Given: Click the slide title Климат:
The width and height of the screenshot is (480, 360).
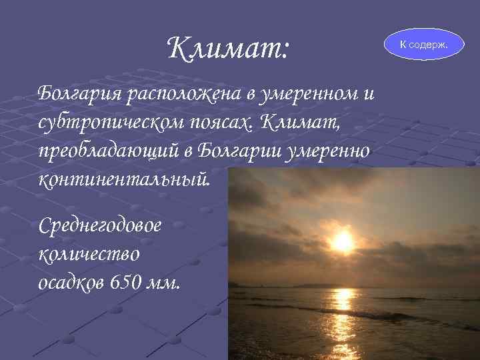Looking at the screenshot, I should [227, 47].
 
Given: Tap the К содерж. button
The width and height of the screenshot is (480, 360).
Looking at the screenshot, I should [424, 44].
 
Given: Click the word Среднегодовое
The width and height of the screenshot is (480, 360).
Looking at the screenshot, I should [100, 225].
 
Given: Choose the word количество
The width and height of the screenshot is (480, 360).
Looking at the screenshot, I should [89, 254].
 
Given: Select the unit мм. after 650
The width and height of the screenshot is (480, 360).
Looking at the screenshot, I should [164, 283].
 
